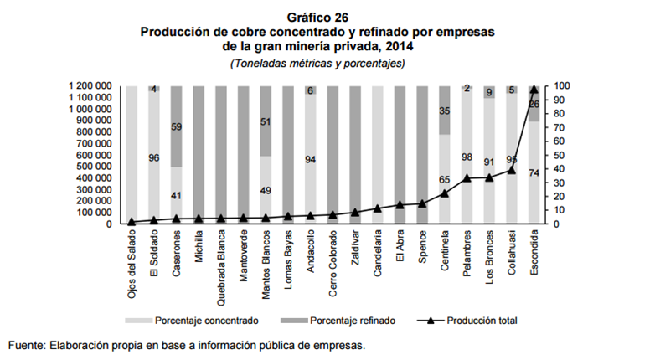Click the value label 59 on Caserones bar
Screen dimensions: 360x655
click(x=177, y=128)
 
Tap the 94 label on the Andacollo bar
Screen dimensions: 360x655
click(x=311, y=158)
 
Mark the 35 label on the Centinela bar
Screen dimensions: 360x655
click(x=445, y=111)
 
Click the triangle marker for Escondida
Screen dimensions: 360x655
click(x=534, y=89)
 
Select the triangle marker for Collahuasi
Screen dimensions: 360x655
click(x=512, y=170)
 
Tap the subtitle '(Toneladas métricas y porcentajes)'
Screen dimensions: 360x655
click(x=317, y=64)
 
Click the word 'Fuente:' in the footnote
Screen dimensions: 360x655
click(x=27, y=345)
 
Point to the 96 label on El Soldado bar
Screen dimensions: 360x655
click(x=154, y=157)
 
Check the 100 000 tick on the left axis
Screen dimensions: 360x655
click(x=95, y=213)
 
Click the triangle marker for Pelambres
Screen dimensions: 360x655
click(x=467, y=178)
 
